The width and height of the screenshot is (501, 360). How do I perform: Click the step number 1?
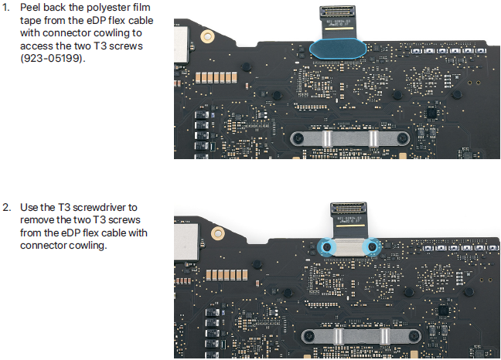click(x=6, y=8)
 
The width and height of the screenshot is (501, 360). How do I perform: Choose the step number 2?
click(x=6, y=207)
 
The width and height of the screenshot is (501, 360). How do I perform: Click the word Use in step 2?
click(x=29, y=207)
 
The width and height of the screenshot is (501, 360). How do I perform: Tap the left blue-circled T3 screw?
click(x=325, y=247)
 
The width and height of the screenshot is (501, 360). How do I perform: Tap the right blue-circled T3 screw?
click(x=374, y=247)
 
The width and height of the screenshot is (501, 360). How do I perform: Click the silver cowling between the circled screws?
click(x=349, y=247)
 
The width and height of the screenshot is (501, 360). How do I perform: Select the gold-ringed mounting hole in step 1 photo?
click(x=206, y=37)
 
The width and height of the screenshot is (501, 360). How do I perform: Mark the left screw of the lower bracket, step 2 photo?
click(x=308, y=336)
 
